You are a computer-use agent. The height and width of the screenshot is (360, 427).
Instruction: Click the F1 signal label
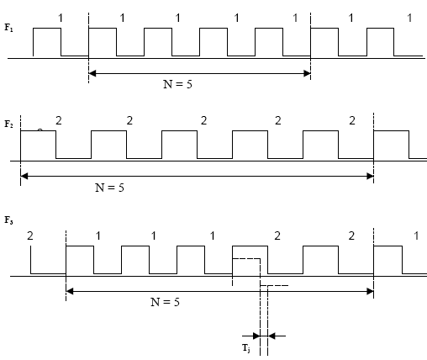pos(8,28)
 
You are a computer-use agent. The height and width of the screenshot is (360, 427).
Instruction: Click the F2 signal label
pos(8,124)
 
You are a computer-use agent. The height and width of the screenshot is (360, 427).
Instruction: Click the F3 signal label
pos(8,220)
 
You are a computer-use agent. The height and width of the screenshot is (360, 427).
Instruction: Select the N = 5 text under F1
pos(177,84)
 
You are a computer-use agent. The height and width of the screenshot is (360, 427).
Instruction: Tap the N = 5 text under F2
pos(109,188)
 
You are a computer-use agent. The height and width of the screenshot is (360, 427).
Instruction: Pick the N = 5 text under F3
pos(165,302)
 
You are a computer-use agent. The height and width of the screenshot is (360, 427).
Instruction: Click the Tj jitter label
pos(246,348)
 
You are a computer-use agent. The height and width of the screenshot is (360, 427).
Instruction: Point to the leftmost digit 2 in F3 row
pos(30,236)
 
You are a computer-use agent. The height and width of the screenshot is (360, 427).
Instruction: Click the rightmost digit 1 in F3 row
pos(416,236)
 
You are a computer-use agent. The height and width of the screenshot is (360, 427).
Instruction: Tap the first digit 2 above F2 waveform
pos(59,120)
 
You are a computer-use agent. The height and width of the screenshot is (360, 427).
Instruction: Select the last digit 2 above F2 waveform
pos(352,120)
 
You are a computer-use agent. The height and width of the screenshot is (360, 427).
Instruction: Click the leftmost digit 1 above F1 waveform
pos(61,19)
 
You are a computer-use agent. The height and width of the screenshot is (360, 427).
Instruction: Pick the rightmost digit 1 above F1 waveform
pos(409,19)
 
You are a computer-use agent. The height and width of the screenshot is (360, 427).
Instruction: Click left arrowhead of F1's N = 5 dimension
pos(92,73)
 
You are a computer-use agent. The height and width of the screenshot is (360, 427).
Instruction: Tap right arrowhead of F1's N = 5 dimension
pos(307,73)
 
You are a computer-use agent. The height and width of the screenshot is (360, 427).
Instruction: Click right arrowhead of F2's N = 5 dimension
pos(370,177)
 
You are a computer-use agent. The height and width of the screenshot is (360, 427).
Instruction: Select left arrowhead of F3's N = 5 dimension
pos(70,292)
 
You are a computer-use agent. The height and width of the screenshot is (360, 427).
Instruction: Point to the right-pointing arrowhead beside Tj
pos(256,336)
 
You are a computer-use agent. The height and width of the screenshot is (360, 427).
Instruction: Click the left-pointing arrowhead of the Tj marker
pos(271,336)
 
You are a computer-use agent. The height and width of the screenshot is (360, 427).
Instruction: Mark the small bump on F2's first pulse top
pos(40,130)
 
